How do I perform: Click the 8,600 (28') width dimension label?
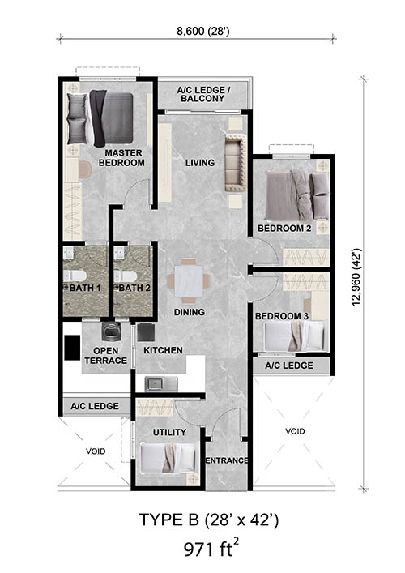[202, 32]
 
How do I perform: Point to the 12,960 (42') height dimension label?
[356, 276]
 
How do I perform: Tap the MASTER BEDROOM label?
[122, 158]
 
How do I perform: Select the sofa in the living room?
[237, 163]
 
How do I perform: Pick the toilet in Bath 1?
[75, 276]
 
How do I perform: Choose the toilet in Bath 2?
[126, 276]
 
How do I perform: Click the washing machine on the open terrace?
[109, 331]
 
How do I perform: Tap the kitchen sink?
[161, 384]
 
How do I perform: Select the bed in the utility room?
[168, 458]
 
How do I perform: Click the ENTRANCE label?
[227, 460]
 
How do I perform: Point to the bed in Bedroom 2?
[297, 195]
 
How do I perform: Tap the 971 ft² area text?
[211, 548]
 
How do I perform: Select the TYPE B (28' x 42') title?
[208, 520]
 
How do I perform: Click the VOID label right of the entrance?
[295, 431]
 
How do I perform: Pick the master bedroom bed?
[100, 118]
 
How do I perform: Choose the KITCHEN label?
[163, 350]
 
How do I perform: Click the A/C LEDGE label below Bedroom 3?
[289, 366]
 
